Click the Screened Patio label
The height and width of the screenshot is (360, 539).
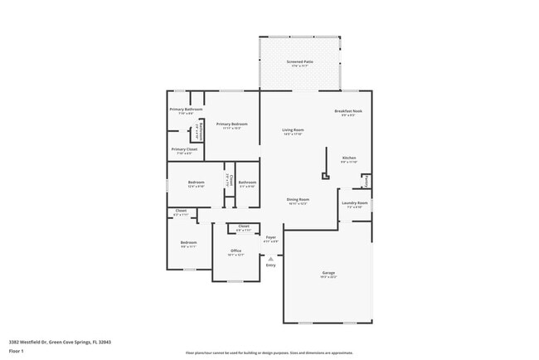click(299, 61)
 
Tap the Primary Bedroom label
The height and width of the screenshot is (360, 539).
click(232, 124)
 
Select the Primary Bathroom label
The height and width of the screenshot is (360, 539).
click(186, 109)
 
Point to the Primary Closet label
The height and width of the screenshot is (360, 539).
click(185, 149)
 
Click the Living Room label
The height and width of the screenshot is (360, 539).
click(293, 129)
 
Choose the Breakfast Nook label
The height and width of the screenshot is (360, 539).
click(348, 111)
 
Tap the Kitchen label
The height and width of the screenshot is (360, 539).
click(349, 158)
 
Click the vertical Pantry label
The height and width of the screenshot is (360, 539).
click(367, 180)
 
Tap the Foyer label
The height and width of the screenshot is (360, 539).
click(270, 237)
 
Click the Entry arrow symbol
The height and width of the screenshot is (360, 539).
click(270, 259)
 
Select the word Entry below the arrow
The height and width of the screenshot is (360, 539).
click(270, 265)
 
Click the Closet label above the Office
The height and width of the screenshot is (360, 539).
click(244, 226)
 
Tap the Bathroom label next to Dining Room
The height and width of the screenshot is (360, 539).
click(247, 182)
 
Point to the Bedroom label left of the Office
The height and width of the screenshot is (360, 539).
click(188, 242)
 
